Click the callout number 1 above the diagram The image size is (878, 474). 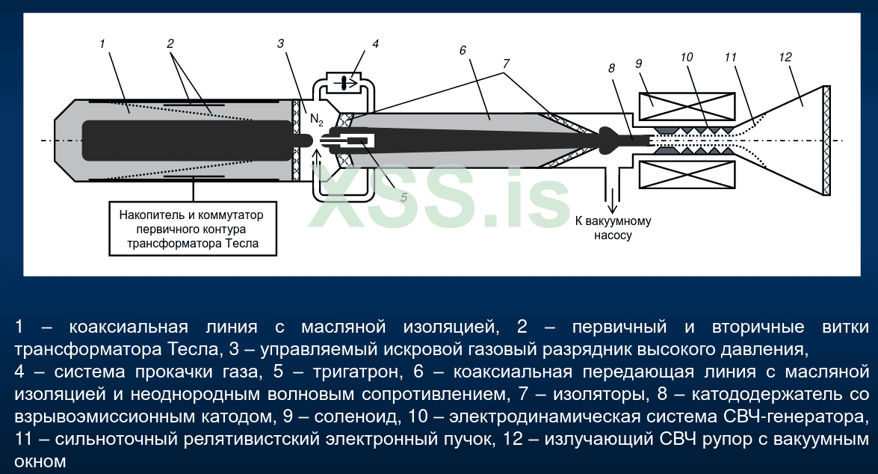point(102,43)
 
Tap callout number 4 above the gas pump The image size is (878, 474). point(375,43)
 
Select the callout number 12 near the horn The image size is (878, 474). point(785,57)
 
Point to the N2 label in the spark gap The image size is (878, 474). point(316,120)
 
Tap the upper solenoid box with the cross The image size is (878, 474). point(687,106)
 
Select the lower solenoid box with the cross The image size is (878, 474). point(687,175)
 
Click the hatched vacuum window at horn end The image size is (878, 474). point(826,140)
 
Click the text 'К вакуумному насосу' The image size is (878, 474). point(613,228)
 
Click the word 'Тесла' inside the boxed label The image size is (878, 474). point(242,244)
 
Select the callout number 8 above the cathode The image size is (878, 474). point(611,68)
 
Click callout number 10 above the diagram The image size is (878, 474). point(687,57)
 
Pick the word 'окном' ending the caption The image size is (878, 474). point(40,462)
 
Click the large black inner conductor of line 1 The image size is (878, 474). point(188,140)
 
